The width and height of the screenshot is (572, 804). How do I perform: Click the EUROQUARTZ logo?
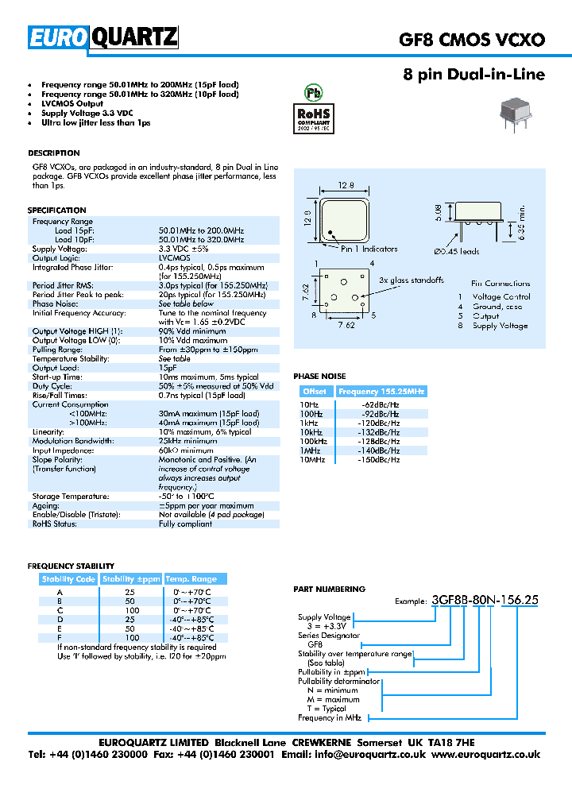click(x=103, y=37)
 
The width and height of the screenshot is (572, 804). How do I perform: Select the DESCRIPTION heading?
click(x=53, y=153)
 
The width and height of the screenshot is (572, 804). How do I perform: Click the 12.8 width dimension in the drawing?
click(x=346, y=185)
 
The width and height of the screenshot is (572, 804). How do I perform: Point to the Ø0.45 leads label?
click(x=456, y=252)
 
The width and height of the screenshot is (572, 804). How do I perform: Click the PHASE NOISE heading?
click(x=319, y=376)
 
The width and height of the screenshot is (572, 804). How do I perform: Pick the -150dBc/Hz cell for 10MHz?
click(x=380, y=459)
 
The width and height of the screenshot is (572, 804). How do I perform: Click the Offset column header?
click(x=315, y=392)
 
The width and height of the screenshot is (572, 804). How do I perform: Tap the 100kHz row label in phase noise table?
click(x=315, y=442)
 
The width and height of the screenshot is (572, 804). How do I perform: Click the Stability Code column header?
click(x=68, y=579)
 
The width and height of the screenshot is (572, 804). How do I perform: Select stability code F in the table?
click(x=60, y=638)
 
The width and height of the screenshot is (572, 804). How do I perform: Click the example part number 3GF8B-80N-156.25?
click(x=485, y=601)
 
